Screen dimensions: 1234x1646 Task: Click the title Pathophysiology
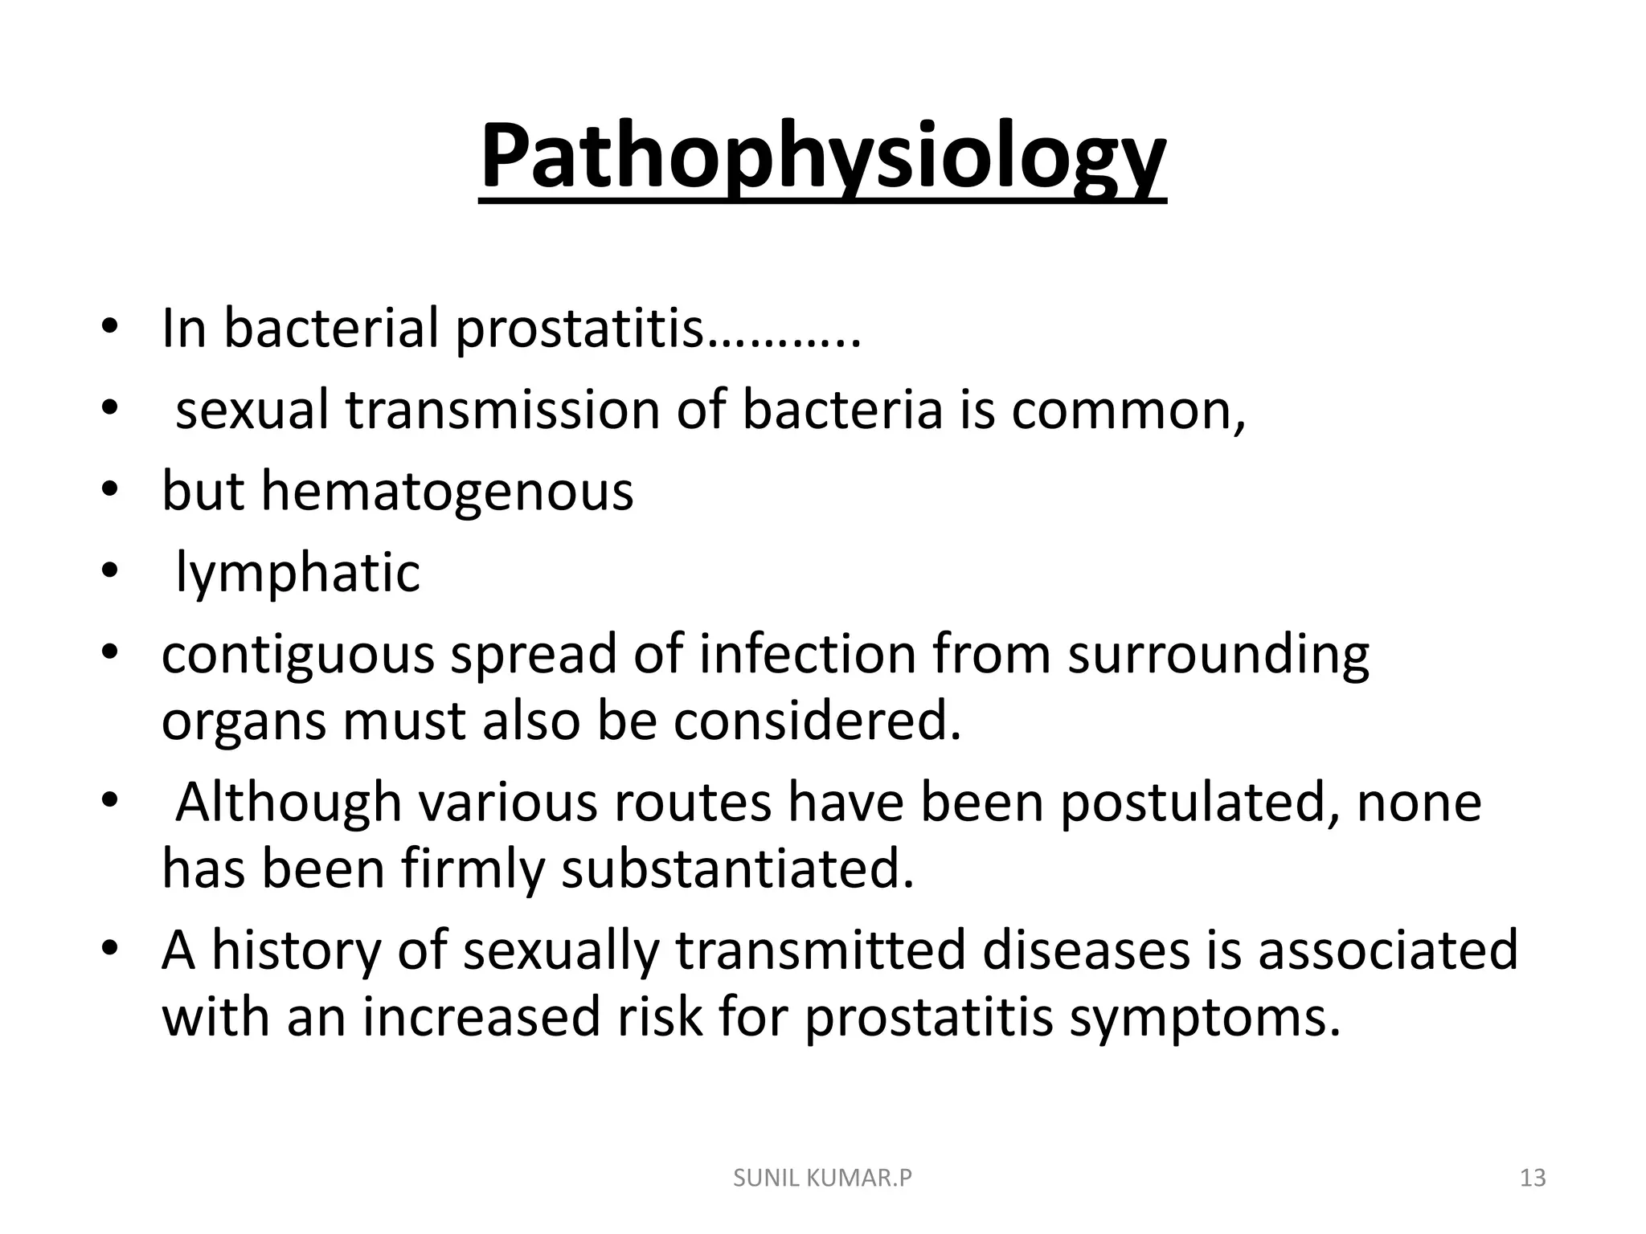[x=822, y=157]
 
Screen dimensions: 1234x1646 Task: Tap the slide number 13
[x=1533, y=1179]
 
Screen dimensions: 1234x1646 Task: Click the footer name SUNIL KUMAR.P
[x=823, y=1179]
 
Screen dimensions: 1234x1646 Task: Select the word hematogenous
[x=448, y=491]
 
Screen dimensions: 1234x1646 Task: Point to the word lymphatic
[x=297, y=573]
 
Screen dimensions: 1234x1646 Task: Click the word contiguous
[x=297, y=655]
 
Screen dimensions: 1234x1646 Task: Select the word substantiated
[x=738, y=869]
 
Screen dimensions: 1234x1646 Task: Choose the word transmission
[x=502, y=410]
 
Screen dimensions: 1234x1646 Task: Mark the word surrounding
[x=1218, y=655]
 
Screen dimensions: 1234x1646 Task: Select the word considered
[x=817, y=721]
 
